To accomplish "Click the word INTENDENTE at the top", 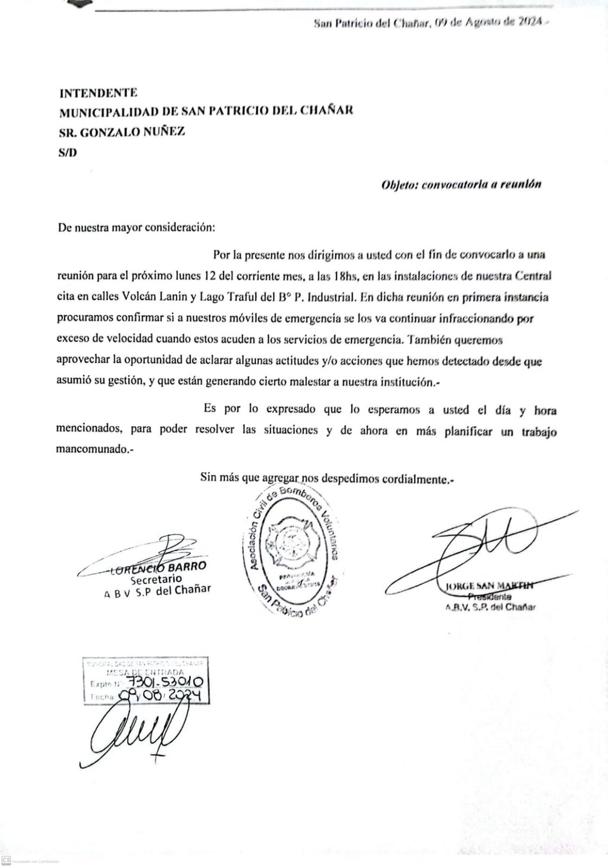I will click(98, 93).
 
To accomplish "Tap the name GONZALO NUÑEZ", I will click(133, 132).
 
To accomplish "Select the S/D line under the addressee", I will click(68, 153).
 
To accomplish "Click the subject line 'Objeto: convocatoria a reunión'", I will click(461, 184).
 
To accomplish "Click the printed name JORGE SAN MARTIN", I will click(489, 586).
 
